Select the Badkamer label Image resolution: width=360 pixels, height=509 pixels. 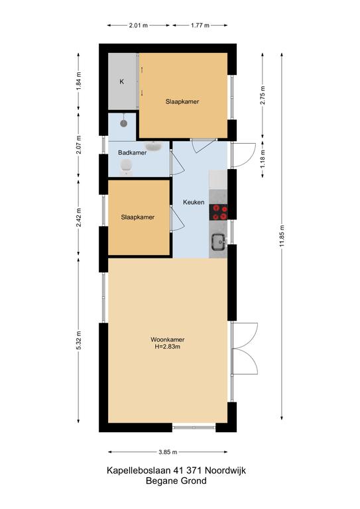click(x=132, y=153)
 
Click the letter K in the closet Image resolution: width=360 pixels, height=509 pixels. click(x=121, y=82)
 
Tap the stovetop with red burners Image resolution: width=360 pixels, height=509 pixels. click(x=219, y=212)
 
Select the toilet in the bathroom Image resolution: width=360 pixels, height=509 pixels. click(x=126, y=170)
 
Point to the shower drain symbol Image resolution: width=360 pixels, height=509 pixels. click(x=123, y=123)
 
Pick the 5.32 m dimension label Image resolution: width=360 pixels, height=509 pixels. click(x=78, y=341)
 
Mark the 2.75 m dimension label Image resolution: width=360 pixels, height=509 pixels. click(x=263, y=97)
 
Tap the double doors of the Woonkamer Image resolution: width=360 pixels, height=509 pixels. click(x=245, y=349)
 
